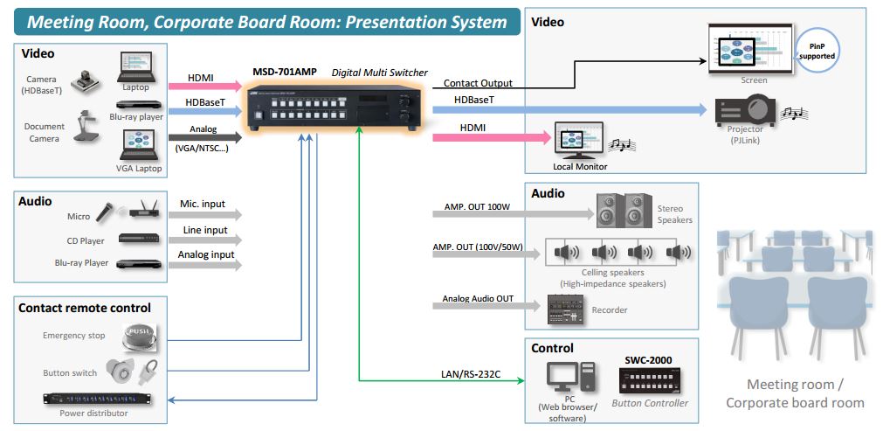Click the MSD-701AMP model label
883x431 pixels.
(284, 71)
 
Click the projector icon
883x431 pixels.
(745, 109)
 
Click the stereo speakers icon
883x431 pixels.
(621, 211)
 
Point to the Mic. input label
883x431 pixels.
(202, 205)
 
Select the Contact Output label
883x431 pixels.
(478, 83)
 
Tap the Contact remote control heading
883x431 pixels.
(85, 308)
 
